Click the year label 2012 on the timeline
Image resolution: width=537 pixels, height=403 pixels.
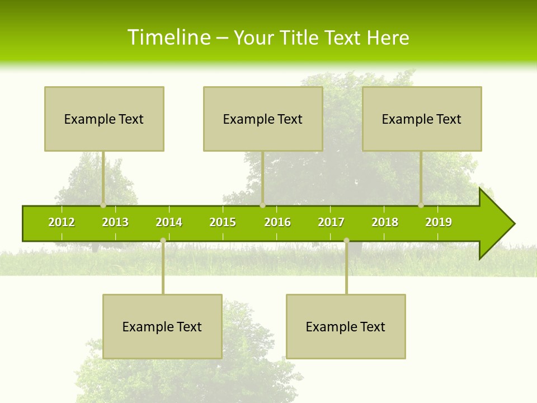pyautogui.click(x=62, y=222)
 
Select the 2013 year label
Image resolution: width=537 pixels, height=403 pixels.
pyautogui.click(x=115, y=222)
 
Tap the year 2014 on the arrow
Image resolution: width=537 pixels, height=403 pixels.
pyautogui.click(x=169, y=222)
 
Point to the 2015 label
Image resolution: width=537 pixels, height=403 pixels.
pyautogui.click(x=223, y=222)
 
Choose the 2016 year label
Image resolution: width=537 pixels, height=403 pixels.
pyautogui.click(x=277, y=222)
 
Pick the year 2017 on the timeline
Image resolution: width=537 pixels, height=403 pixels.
pyautogui.click(x=331, y=222)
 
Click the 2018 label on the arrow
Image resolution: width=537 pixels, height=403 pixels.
pyautogui.click(x=385, y=222)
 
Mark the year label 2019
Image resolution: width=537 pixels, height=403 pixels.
pyautogui.click(x=439, y=222)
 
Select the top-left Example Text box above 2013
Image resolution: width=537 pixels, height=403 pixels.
pyautogui.click(x=104, y=119)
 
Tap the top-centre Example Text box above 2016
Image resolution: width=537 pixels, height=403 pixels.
pyautogui.click(x=263, y=119)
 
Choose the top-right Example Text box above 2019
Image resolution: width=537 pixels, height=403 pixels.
pyautogui.click(x=422, y=119)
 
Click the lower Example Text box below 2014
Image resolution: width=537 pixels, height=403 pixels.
pyautogui.click(x=162, y=326)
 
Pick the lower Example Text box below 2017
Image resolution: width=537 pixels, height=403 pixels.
pyautogui.click(x=346, y=326)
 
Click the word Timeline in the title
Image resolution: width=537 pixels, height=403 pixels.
pyautogui.click(x=168, y=38)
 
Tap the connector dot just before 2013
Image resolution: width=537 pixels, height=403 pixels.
pyautogui.click(x=103, y=205)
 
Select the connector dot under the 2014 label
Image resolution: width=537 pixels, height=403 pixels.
pyautogui.click(x=163, y=240)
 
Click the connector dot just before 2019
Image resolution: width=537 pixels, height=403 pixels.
pyautogui.click(x=421, y=205)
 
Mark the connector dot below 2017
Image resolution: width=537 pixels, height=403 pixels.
pyautogui.click(x=346, y=240)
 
